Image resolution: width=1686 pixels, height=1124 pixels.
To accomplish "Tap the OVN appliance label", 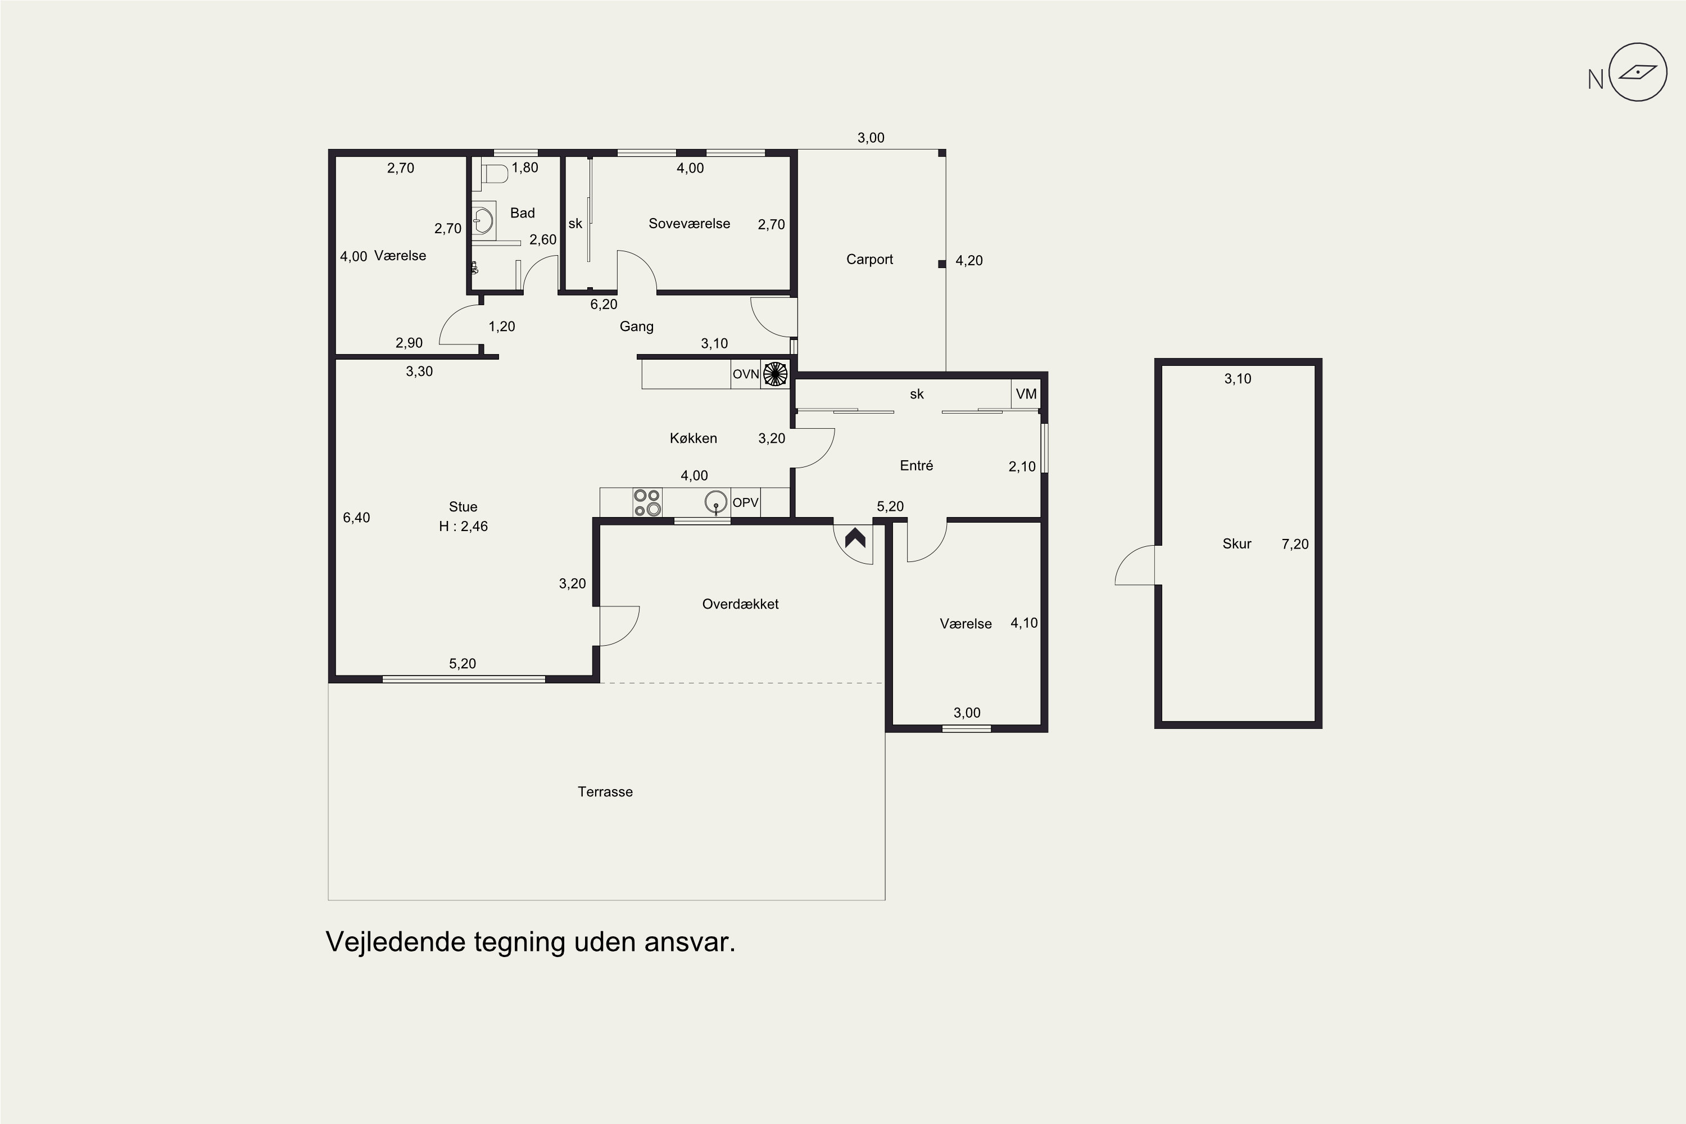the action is tap(746, 374).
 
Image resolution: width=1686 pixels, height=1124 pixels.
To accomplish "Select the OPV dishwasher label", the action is tap(746, 502).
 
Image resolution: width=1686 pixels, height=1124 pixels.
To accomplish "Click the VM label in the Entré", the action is tap(1026, 393).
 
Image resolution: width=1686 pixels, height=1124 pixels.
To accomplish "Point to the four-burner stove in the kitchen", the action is tap(647, 502).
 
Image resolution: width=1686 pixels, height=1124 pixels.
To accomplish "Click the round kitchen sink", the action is tap(716, 502).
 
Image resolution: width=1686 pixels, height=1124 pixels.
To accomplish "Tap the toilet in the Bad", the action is tap(495, 173).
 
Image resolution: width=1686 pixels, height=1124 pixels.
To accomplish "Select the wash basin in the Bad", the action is tap(484, 221).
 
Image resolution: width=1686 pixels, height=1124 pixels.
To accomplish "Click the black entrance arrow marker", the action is tap(855, 538).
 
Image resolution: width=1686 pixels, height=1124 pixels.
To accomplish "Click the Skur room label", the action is tap(1236, 543).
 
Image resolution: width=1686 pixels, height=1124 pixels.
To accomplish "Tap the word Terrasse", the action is tap(605, 791).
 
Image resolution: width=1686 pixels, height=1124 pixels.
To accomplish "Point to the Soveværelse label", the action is tap(690, 223).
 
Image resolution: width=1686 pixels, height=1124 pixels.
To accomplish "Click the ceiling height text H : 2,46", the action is tap(463, 526).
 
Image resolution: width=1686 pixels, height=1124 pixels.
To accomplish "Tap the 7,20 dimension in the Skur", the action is tap(1295, 544).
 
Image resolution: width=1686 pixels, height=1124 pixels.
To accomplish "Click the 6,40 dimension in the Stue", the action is tap(356, 518).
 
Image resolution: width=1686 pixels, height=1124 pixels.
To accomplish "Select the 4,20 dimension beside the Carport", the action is tap(969, 260).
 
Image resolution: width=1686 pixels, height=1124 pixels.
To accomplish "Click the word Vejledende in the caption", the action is tap(396, 941).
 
